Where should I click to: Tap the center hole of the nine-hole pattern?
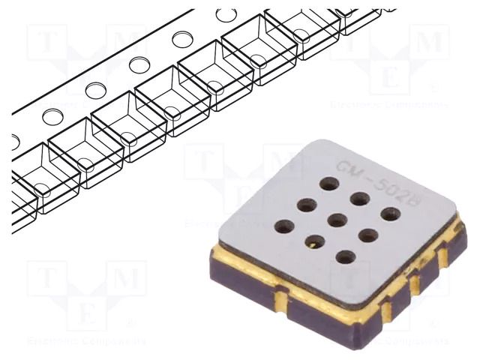coord(337,220)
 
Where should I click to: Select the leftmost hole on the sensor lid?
coord(283,225)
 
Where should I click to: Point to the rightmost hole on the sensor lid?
coord(390,214)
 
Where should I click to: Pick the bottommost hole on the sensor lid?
coord(346,257)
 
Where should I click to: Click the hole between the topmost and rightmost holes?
coord(360,199)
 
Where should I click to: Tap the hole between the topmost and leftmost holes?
coord(306,203)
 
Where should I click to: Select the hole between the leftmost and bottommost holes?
coord(314,241)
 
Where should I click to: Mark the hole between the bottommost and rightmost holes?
coord(367,235)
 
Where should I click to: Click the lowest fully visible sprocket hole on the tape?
coord(52,116)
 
